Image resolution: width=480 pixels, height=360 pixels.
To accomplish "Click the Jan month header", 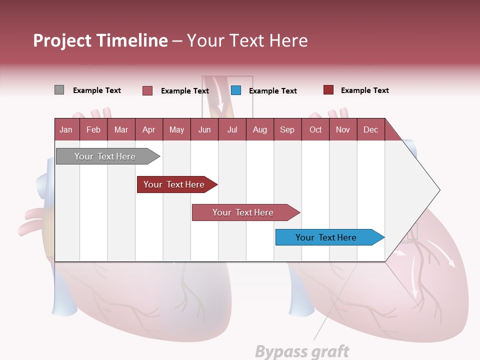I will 66,130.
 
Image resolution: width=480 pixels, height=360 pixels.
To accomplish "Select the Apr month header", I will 149,130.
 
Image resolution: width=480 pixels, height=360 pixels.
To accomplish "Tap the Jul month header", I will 232,130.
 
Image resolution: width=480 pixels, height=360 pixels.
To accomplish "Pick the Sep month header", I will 287,130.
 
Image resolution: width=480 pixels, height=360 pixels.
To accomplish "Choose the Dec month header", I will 370,130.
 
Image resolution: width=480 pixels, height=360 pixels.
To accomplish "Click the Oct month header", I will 315,130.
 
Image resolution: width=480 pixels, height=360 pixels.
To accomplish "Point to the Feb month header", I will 93,130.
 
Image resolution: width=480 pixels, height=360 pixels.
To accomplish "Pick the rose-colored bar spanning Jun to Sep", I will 244,212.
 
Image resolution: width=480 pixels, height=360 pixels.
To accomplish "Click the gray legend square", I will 59,90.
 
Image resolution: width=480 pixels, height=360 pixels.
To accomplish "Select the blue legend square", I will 236,90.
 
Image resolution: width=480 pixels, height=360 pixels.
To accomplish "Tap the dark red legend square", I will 328,90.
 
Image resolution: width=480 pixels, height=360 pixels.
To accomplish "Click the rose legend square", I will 147,90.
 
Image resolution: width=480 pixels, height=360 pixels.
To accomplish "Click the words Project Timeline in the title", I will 100,40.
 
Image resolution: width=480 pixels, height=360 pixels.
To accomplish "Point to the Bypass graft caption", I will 302,351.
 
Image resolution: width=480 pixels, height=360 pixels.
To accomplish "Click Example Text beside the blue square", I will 273,91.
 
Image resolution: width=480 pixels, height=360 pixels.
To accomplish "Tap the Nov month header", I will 343,130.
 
